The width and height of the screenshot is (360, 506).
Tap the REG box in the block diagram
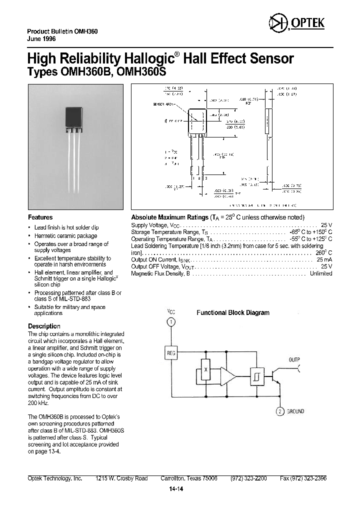(171, 353)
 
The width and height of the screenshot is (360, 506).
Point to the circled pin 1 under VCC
(171, 322)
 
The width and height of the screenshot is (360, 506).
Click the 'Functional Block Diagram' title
(232, 312)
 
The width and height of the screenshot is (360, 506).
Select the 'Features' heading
(40, 217)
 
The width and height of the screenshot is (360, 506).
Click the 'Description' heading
(44, 326)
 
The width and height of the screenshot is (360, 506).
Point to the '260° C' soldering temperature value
(322, 253)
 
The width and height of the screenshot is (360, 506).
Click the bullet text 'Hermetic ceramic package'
(65, 235)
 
